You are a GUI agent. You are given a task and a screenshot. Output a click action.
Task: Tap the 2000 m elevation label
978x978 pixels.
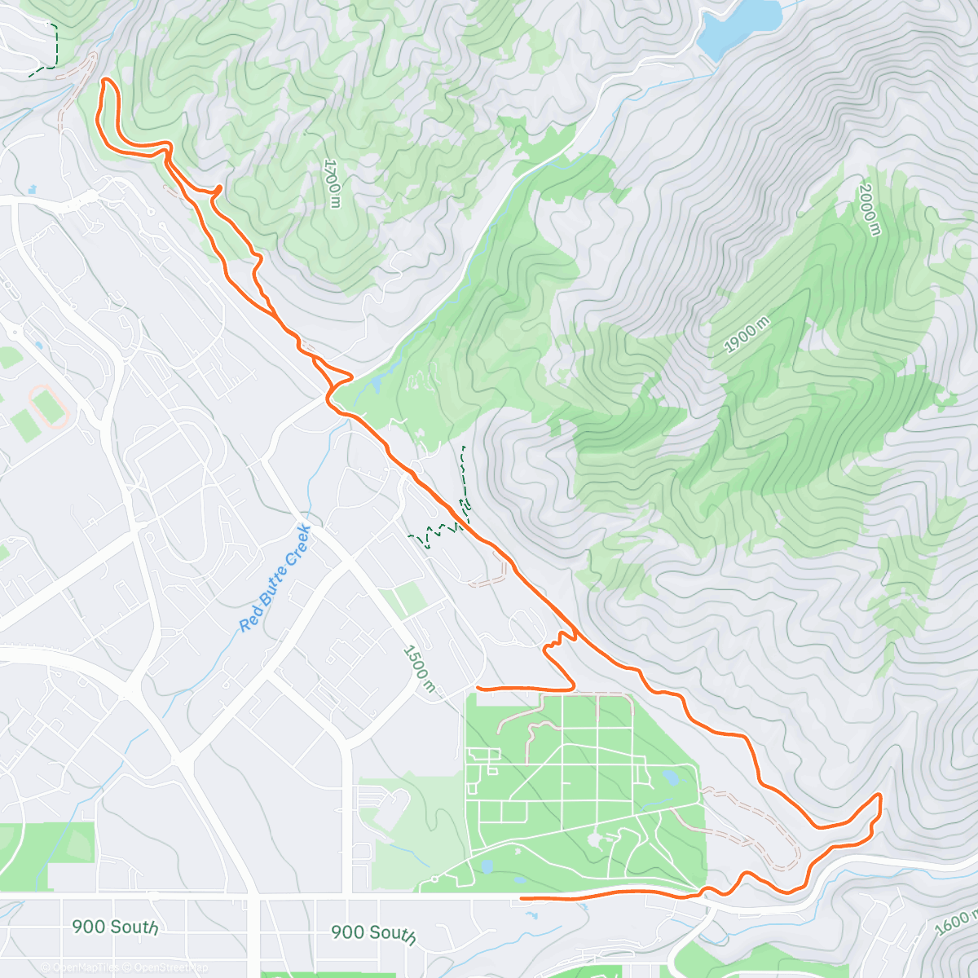pyautogui.click(x=869, y=209)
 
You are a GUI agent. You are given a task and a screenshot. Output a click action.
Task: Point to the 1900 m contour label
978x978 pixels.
pyautogui.click(x=747, y=335)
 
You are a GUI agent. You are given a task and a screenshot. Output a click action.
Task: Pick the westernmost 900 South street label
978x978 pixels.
pyautogui.click(x=114, y=927)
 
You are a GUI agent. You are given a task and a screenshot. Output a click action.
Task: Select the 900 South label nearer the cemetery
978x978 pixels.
pyautogui.click(x=373, y=933)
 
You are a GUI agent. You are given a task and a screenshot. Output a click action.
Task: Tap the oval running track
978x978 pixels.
pyautogui.click(x=49, y=406)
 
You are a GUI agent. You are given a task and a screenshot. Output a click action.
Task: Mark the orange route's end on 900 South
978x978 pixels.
pyautogui.click(x=522, y=898)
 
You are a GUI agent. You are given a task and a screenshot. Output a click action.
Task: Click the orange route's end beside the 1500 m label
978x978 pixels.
pyautogui.click(x=478, y=689)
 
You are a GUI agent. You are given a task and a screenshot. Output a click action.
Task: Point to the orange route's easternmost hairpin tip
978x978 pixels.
pyautogui.click(x=879, y=795)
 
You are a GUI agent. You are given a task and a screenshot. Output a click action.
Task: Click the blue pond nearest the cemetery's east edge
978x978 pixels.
pyautogui.click(x=670, y=777)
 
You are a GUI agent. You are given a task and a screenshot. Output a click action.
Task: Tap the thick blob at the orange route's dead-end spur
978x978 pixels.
pyautogui.click(x=218, y=190)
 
